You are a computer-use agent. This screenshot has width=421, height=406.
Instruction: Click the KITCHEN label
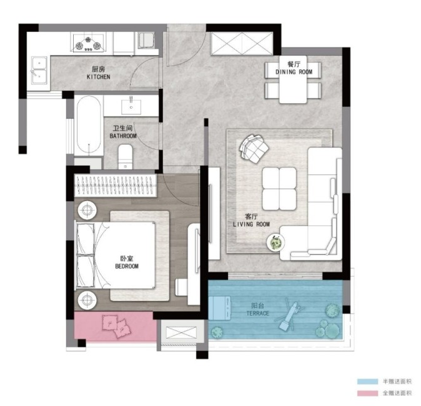click(x=98, y=77)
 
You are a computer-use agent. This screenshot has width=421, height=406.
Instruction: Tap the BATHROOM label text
click(x=123, y=136)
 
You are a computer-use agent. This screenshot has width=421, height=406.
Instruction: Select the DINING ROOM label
click(x=294, y=72)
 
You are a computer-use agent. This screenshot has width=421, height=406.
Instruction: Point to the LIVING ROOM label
click(x=251, y=224)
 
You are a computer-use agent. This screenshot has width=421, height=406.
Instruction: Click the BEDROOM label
click(x=127, y=266)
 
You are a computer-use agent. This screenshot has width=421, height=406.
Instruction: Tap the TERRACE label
click(x=257, y=313)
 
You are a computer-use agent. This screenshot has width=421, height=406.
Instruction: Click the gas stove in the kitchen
click(x=88, y=43)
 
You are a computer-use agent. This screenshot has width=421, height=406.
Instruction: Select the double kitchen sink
click(x=39, y=70)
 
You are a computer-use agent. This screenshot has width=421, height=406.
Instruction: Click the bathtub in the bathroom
click(x=89, y=125)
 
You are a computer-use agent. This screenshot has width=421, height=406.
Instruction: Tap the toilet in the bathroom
click(x=126, y=157)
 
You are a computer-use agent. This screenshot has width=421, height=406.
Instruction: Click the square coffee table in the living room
click(x=279, y=189)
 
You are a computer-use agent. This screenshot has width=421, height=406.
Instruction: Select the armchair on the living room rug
click(x=254, y=148)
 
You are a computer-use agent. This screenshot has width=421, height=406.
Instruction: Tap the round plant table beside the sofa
click(x=275, y=242)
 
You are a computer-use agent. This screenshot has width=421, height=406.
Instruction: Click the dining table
click(x=293, y=79)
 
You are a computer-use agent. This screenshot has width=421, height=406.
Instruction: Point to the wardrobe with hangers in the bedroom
click(x=116, y=186)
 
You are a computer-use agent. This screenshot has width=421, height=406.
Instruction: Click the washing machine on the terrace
click(x=220, y=308)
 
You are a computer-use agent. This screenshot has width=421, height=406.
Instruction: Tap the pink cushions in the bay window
click(x=116, y=325)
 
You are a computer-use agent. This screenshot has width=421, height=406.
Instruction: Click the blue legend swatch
click(x=367, y=381)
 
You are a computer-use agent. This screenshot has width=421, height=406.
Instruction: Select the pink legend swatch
click(x=367, y=393)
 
